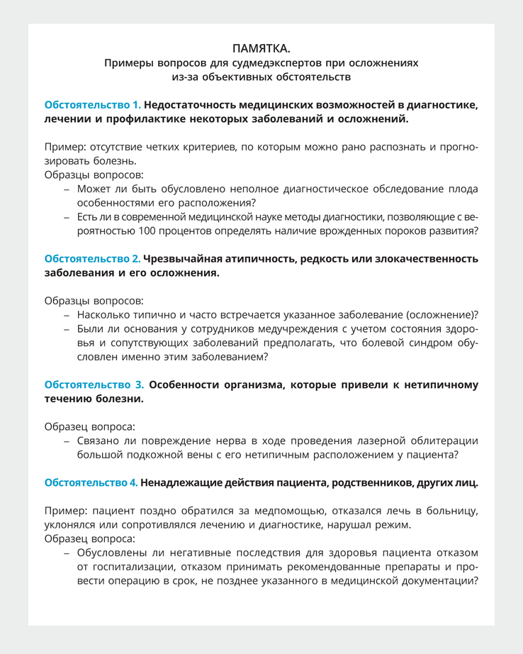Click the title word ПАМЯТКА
261,48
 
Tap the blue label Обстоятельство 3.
94,384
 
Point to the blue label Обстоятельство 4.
91,482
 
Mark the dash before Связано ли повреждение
66,440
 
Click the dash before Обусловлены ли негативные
66,551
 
